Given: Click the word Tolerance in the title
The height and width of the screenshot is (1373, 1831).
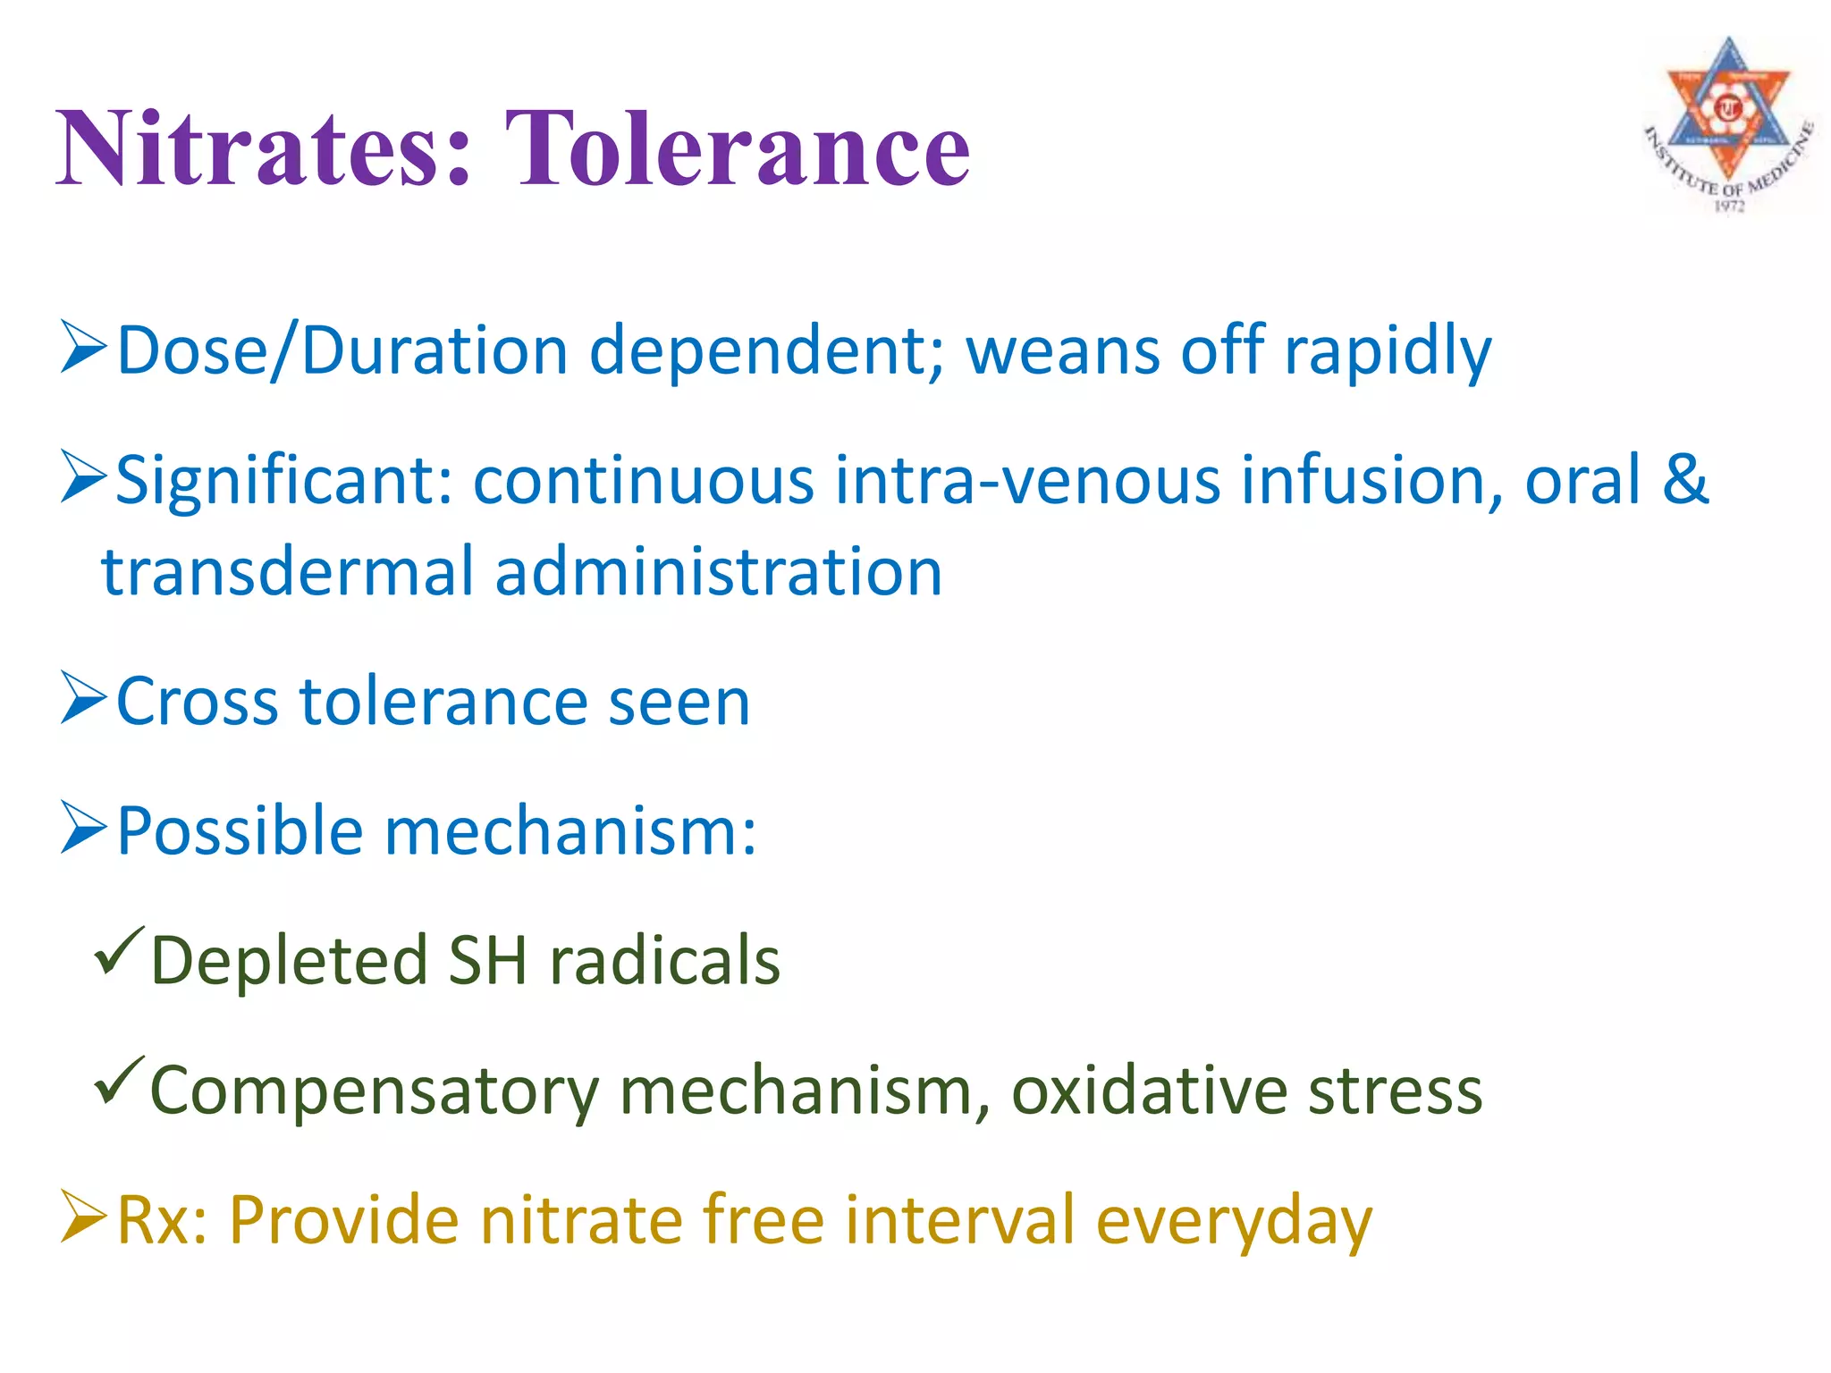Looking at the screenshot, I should pyautogui.click(x=738, y=147).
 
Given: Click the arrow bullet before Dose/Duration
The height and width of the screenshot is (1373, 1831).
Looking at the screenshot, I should pyautogui.click(x=84, y=348).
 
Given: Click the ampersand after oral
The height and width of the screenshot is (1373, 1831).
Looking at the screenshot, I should pyautogui.click(x=1684, y=480).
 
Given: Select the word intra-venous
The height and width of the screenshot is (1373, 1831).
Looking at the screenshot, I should pyautogui.click(x=1027, y=482).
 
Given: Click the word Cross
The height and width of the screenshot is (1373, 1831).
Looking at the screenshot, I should pyautogui.click(x=198, y=702).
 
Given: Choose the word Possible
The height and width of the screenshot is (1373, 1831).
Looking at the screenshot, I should pyautogui.click(x=240, y=832).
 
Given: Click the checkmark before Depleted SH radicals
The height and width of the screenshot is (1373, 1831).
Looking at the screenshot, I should pyautogui.click(x=119, y=951).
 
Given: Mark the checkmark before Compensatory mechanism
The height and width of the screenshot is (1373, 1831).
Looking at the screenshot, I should pyautogui.click(x=119, y=1081).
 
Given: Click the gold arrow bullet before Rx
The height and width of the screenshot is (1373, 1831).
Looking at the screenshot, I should pyautogui.click(x=84, y=1217).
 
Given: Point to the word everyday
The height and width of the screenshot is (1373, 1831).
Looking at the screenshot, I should pyautogui.click(x=1234, y=1222).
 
